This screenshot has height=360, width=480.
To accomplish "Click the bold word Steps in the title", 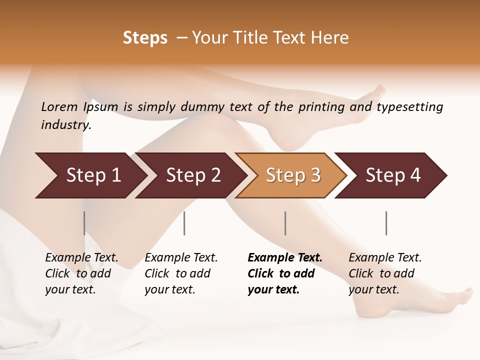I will click(x=145, y=38).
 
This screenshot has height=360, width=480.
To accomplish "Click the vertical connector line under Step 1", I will click(x=84, y=223).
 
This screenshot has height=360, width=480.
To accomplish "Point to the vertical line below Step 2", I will click(x=184, y=223).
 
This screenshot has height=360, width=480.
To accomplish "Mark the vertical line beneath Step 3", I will click(x=285, y=223).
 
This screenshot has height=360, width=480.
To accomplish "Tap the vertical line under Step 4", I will click(x=386, y=223).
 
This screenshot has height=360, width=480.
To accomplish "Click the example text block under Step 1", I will click(x=81, y=273).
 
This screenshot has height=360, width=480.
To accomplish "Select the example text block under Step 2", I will click(x=181, y=273).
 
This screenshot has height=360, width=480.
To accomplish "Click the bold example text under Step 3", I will click(x=285, y=273).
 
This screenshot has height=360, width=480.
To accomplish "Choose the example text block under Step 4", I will click(x=385, y=273).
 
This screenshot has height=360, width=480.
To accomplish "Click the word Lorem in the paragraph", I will click(x=59, y=107).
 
